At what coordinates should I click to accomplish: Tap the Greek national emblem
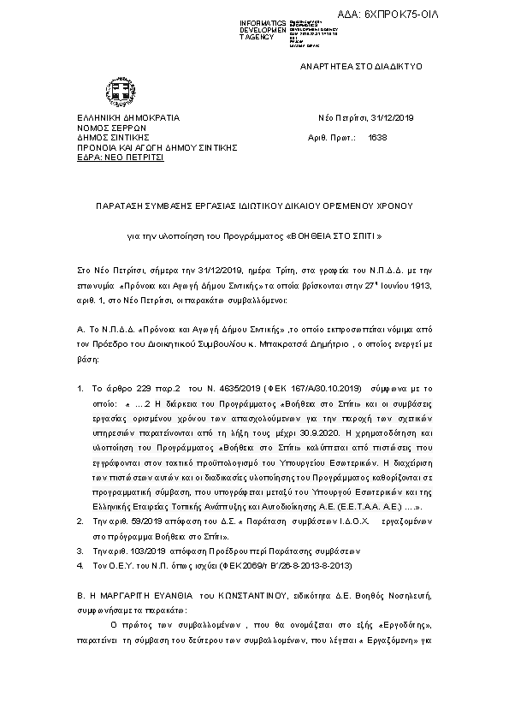pyautogui.click(x=117, y=90)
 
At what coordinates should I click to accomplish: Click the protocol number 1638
pyautogui.click(x=377, y=137)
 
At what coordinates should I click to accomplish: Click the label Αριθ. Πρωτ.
pyautogui.click(x=328, y=137)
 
